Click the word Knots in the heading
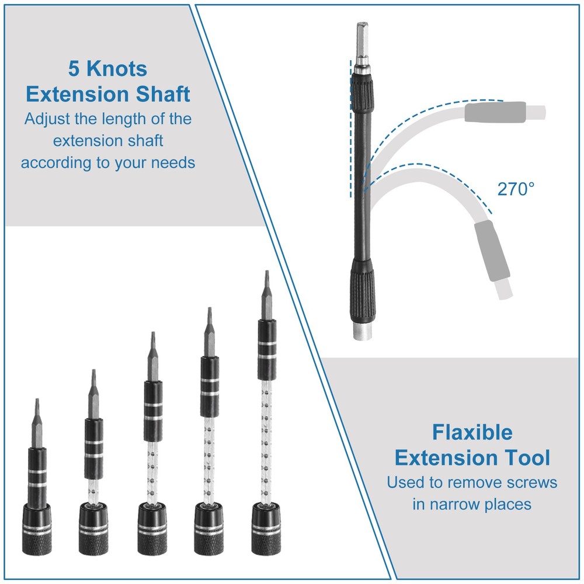tap(117, 69)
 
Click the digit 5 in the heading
tap(74, 69)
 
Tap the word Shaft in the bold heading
tap(163, 94)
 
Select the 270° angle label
tap(516, 189)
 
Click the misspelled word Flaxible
tap(472, 432)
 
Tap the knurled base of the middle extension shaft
tap(152, 529)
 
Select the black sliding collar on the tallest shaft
tap(267, 349)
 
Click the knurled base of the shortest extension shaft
tap(36, 529)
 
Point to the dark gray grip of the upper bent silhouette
tap(495, 112)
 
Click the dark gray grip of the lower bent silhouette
tap(492, 251)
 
